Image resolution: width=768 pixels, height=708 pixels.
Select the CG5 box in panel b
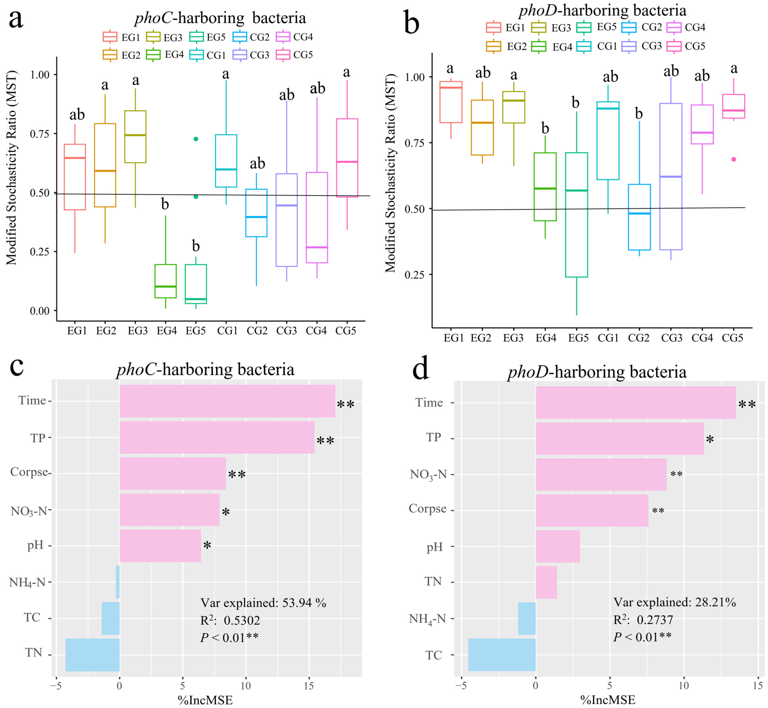tap(734, 106)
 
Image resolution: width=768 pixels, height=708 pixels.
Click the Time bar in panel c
tap(227, 401)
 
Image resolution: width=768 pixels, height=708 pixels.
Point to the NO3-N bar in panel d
tap(601, 474)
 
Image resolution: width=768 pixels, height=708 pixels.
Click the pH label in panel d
tap(434, 547)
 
